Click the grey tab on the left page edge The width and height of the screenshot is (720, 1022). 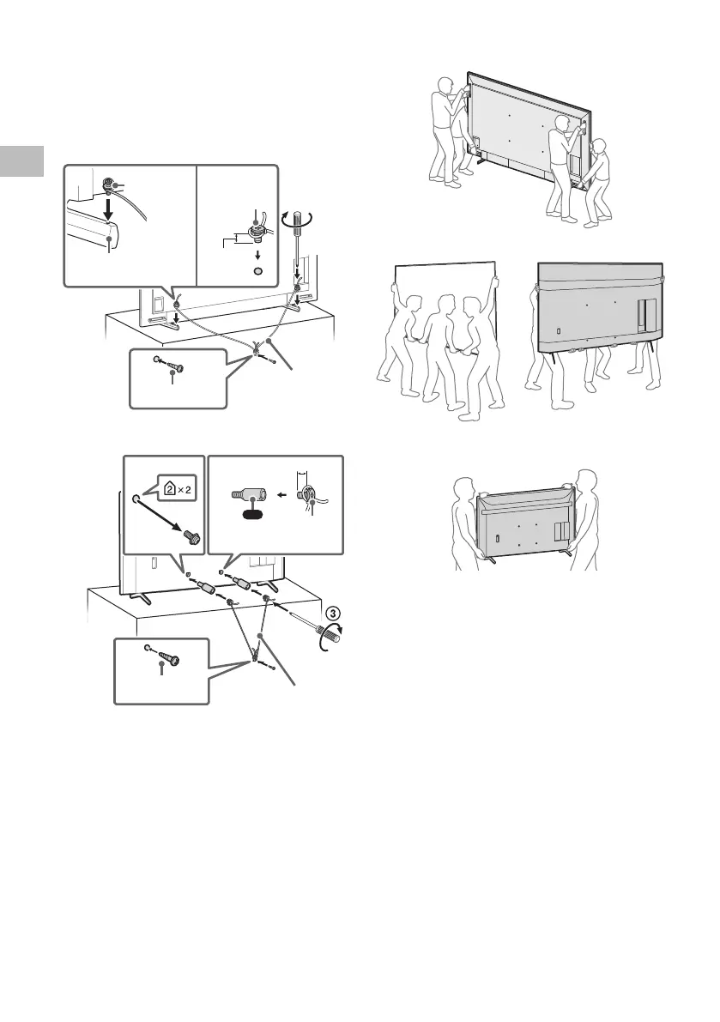(x=21, y=160)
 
